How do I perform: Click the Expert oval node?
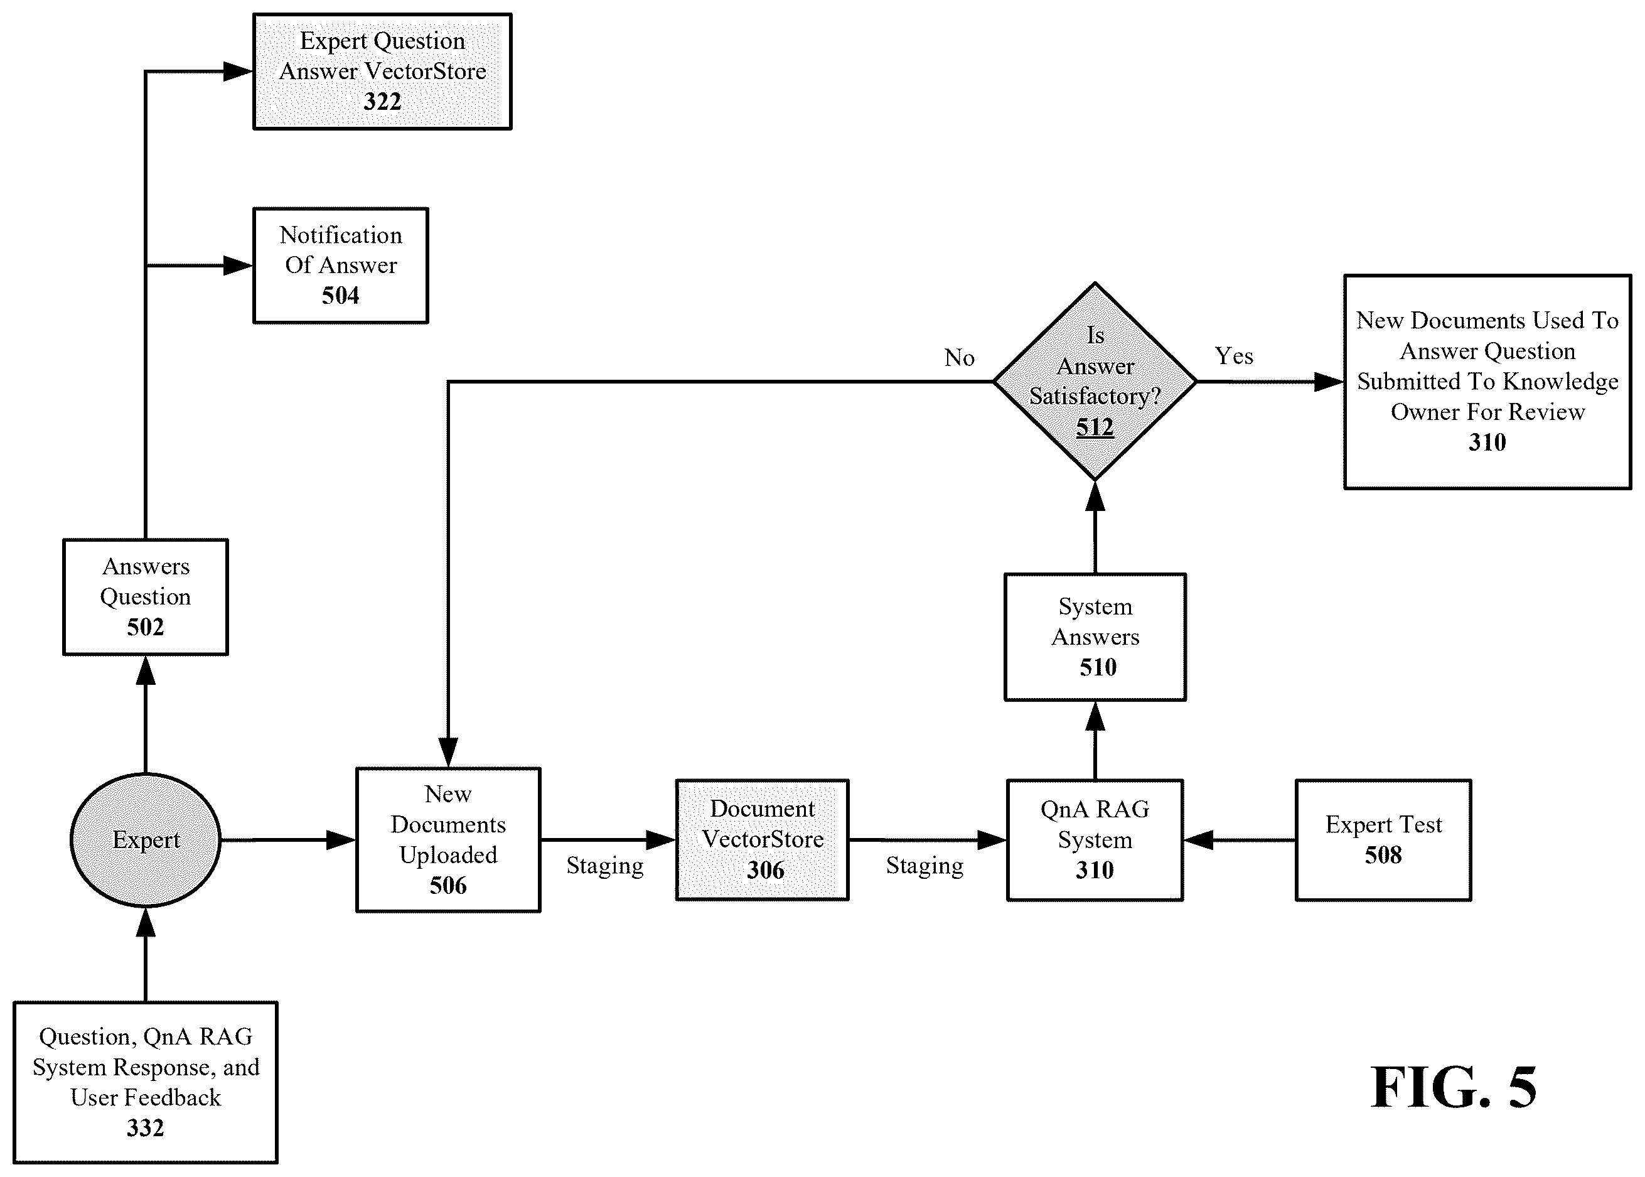[146, 840]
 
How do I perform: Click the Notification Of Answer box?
[341, 266]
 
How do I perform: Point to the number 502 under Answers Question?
[146, 627]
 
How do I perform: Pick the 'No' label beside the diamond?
[960, 357]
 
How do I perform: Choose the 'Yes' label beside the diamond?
[1234, 356]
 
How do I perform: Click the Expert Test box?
[1383, 840]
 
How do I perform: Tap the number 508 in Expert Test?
[1383, 855]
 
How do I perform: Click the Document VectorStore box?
[763, 840]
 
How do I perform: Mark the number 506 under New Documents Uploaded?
[449, 885]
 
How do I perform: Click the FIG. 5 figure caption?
[1454, 1087]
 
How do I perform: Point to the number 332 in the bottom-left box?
[146, 1127]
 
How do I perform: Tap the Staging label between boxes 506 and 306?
[605, 866]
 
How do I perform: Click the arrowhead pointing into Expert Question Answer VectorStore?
[238, 71]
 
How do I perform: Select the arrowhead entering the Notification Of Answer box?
[238, 266]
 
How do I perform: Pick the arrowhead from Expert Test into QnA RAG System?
[1199, 840]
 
